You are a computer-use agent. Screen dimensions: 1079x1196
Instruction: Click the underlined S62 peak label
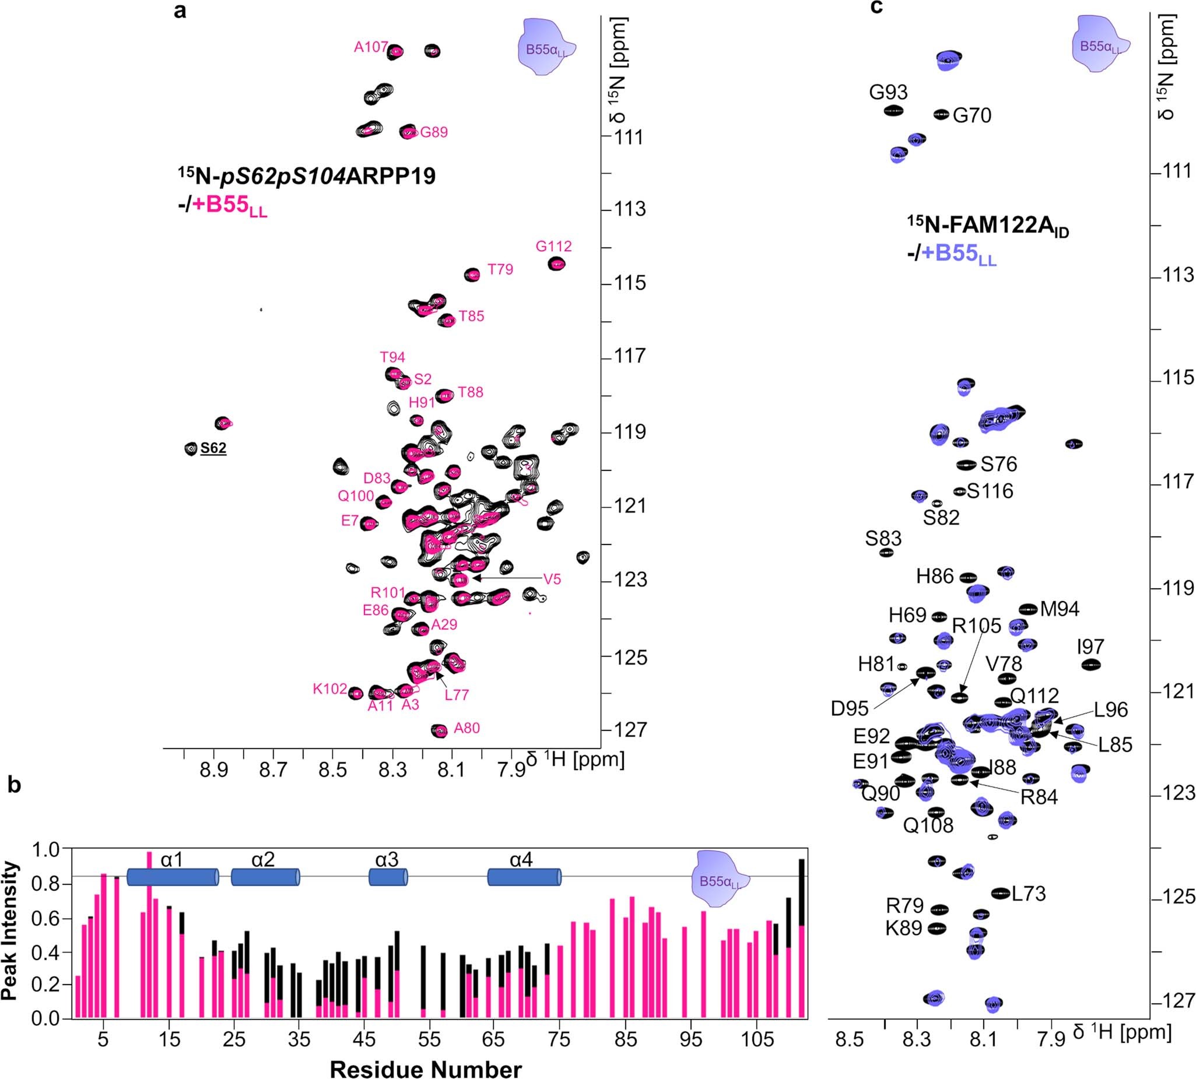click(x=213, y=448)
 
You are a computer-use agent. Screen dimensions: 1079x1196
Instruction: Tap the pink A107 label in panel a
click(x=371, y=47)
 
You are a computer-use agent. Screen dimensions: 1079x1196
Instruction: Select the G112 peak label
click(x=553, y=246)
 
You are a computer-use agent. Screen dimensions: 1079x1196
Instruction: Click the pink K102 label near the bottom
click(x=329, y=689)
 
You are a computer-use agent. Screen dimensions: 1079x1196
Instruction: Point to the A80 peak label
click(x=467, y=728)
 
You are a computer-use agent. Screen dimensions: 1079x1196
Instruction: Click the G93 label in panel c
click(x=888, y=93)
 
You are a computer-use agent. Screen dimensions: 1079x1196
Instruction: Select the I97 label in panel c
click(x=1090, y=646)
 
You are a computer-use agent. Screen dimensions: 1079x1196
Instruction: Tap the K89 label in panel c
click(x=904, y=928)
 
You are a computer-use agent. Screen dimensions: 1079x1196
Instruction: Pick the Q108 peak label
click(x=928, y=825)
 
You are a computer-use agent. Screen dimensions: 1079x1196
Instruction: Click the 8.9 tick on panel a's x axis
click(x=213, y=770)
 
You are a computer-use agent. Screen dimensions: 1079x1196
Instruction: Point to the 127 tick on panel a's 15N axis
click(x=630, y=730)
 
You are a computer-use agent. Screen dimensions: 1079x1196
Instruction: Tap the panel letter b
click(x=14, y=785)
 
